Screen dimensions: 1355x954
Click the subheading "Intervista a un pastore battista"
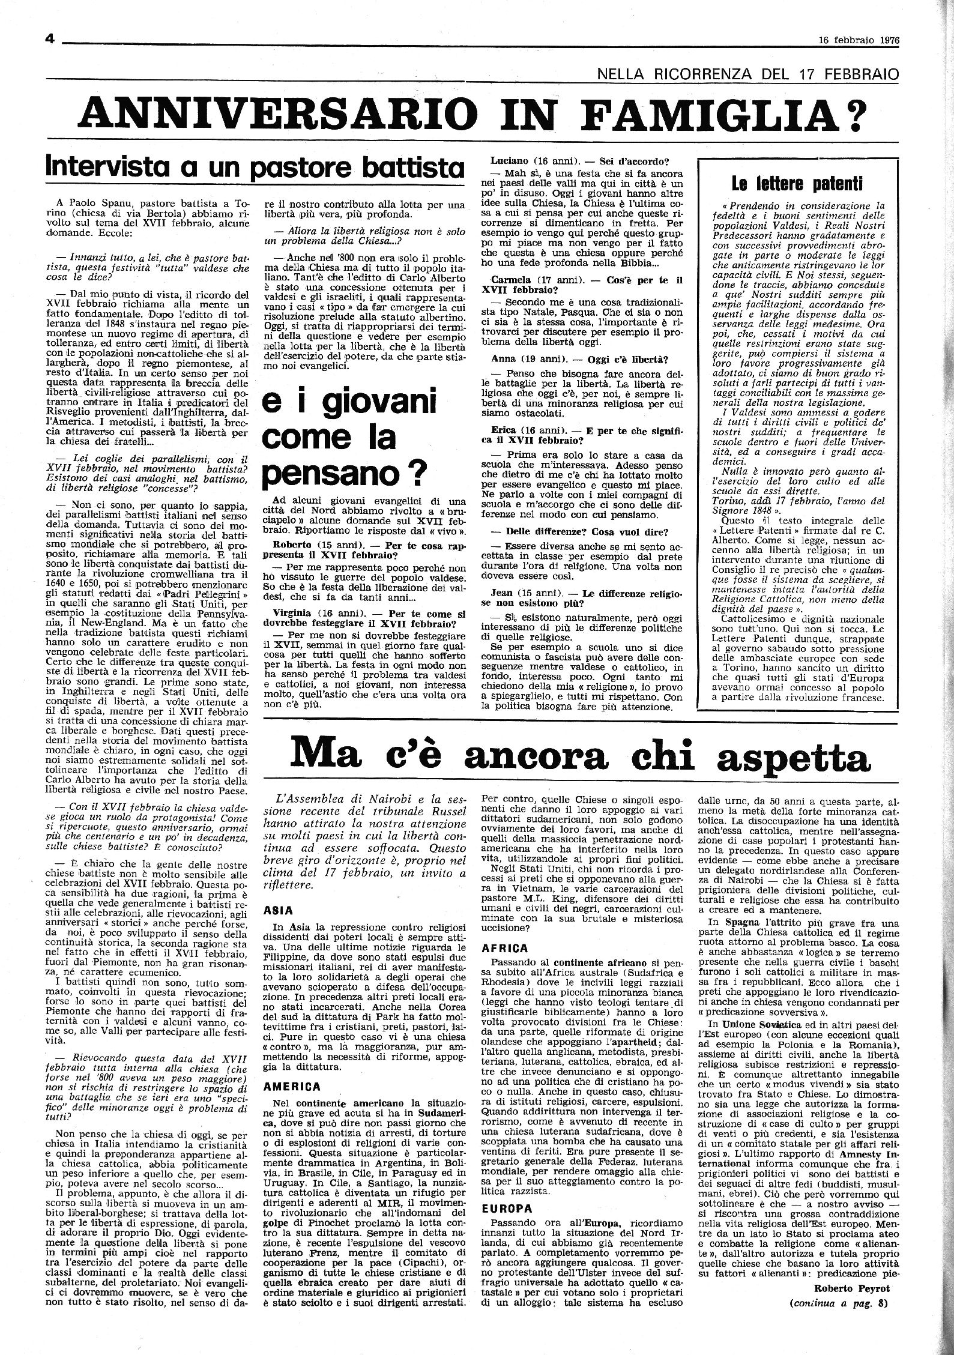click(x=256, y=166)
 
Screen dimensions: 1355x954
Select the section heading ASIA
click(x=277, y=909)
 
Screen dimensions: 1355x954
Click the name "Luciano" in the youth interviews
click(x=510, y=160)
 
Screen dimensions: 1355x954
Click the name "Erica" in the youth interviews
click(x=506, y=429)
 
